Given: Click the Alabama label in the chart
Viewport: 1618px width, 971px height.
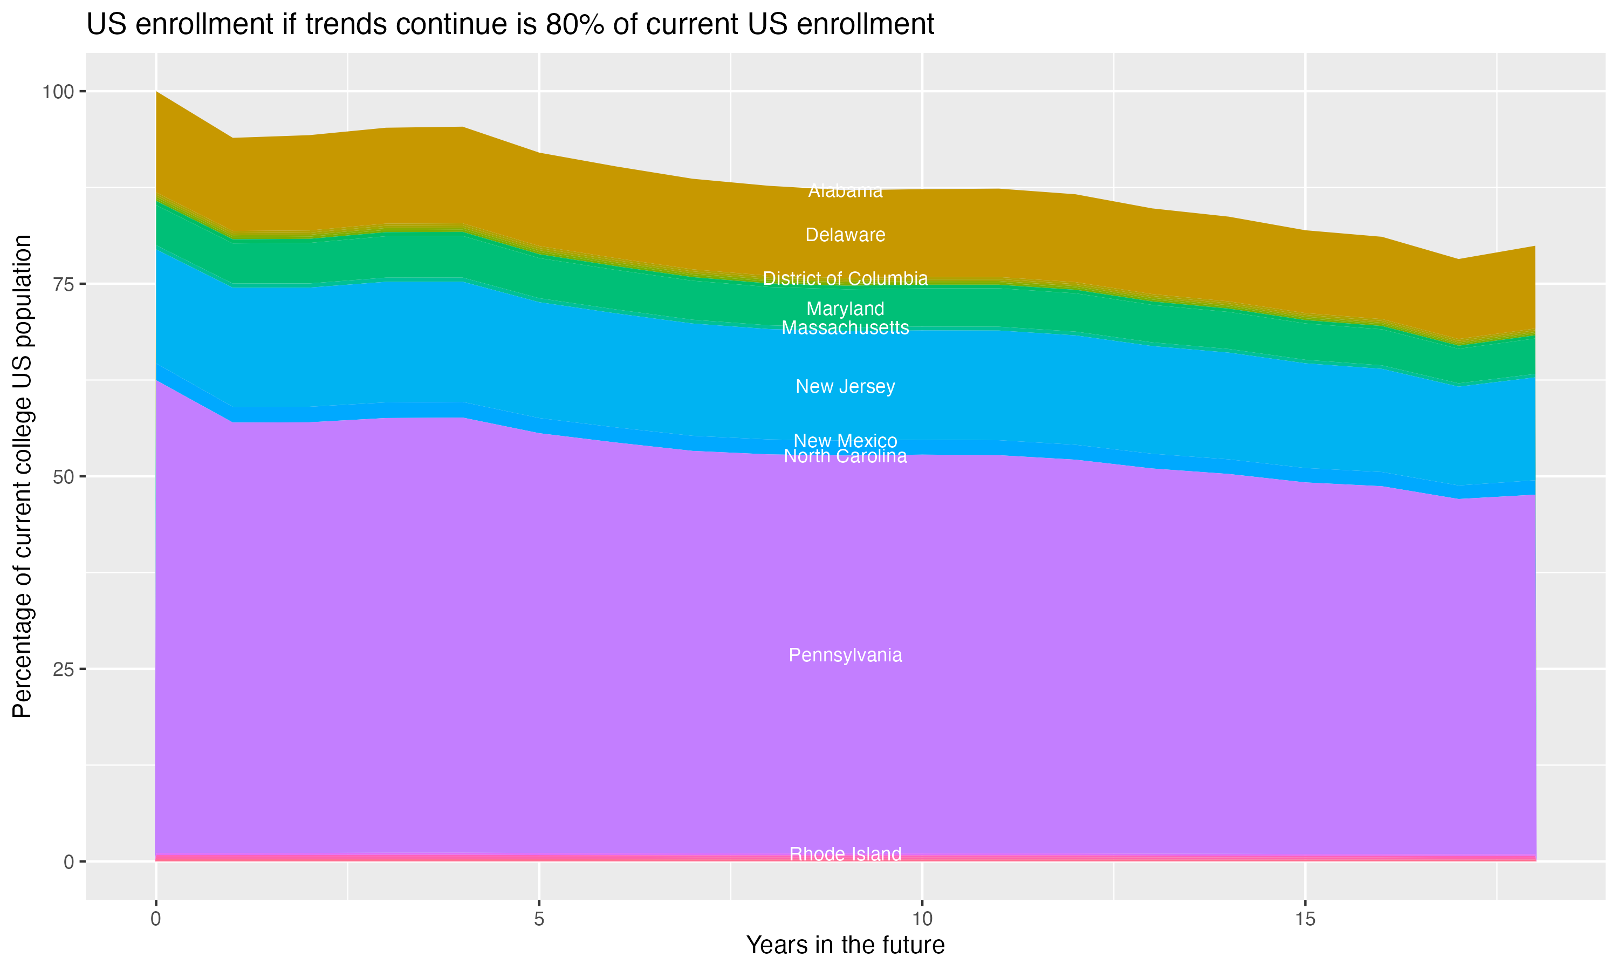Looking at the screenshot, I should click(x=845, y=191).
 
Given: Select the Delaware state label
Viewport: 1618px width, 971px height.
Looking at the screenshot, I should click(x=845, y=235).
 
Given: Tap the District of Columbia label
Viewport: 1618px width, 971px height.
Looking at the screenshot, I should click(x=845, y=279).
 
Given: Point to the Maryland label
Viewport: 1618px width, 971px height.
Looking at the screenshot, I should click(x=845, y=309).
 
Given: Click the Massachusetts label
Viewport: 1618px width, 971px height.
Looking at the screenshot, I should click(x=845, y=328).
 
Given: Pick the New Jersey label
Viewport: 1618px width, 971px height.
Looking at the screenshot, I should click(x=845, y=387).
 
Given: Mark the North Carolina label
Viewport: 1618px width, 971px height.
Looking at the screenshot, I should click(x=845, y=457).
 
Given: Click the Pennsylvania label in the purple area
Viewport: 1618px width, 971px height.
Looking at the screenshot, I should click(x=845, y=655).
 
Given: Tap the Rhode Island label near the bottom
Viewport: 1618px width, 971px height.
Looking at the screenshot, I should click(x=845, y=854).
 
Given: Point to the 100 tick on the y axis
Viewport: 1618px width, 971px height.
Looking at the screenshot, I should click(x=58, y=92).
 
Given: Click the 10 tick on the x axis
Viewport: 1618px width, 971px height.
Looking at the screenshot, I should click(x=922, y=919).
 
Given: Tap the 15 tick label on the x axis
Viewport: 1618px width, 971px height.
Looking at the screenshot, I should click(x=1305, y=919).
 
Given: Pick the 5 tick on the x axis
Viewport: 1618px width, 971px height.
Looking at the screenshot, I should click(x=539, y=919).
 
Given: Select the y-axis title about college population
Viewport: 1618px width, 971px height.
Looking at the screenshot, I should click(x=22, y=476).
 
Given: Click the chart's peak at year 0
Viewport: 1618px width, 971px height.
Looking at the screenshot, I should click(x=156, y=92).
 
